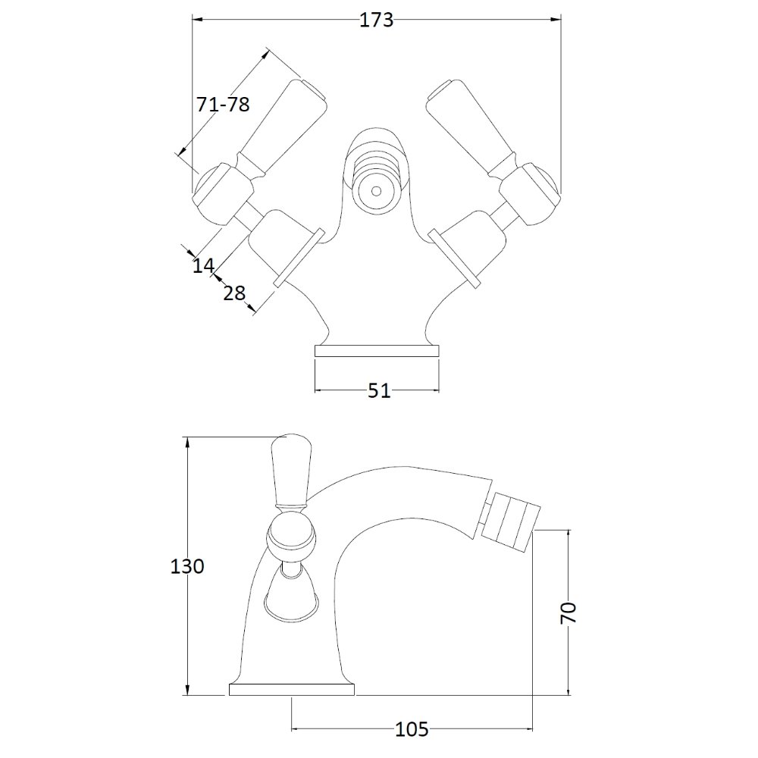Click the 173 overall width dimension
coord(377,20)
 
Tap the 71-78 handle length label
coord(223,104)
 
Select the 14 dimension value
coord(203,265)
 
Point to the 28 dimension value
coord(234,293)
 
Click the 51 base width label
coord(379,390)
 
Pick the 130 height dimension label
coord(187,566)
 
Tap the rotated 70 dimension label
coord(568,613)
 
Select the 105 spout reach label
coord(412,729)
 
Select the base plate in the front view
coord(377,351)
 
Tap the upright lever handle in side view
coord(290,471)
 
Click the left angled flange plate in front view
coord(298,257)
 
